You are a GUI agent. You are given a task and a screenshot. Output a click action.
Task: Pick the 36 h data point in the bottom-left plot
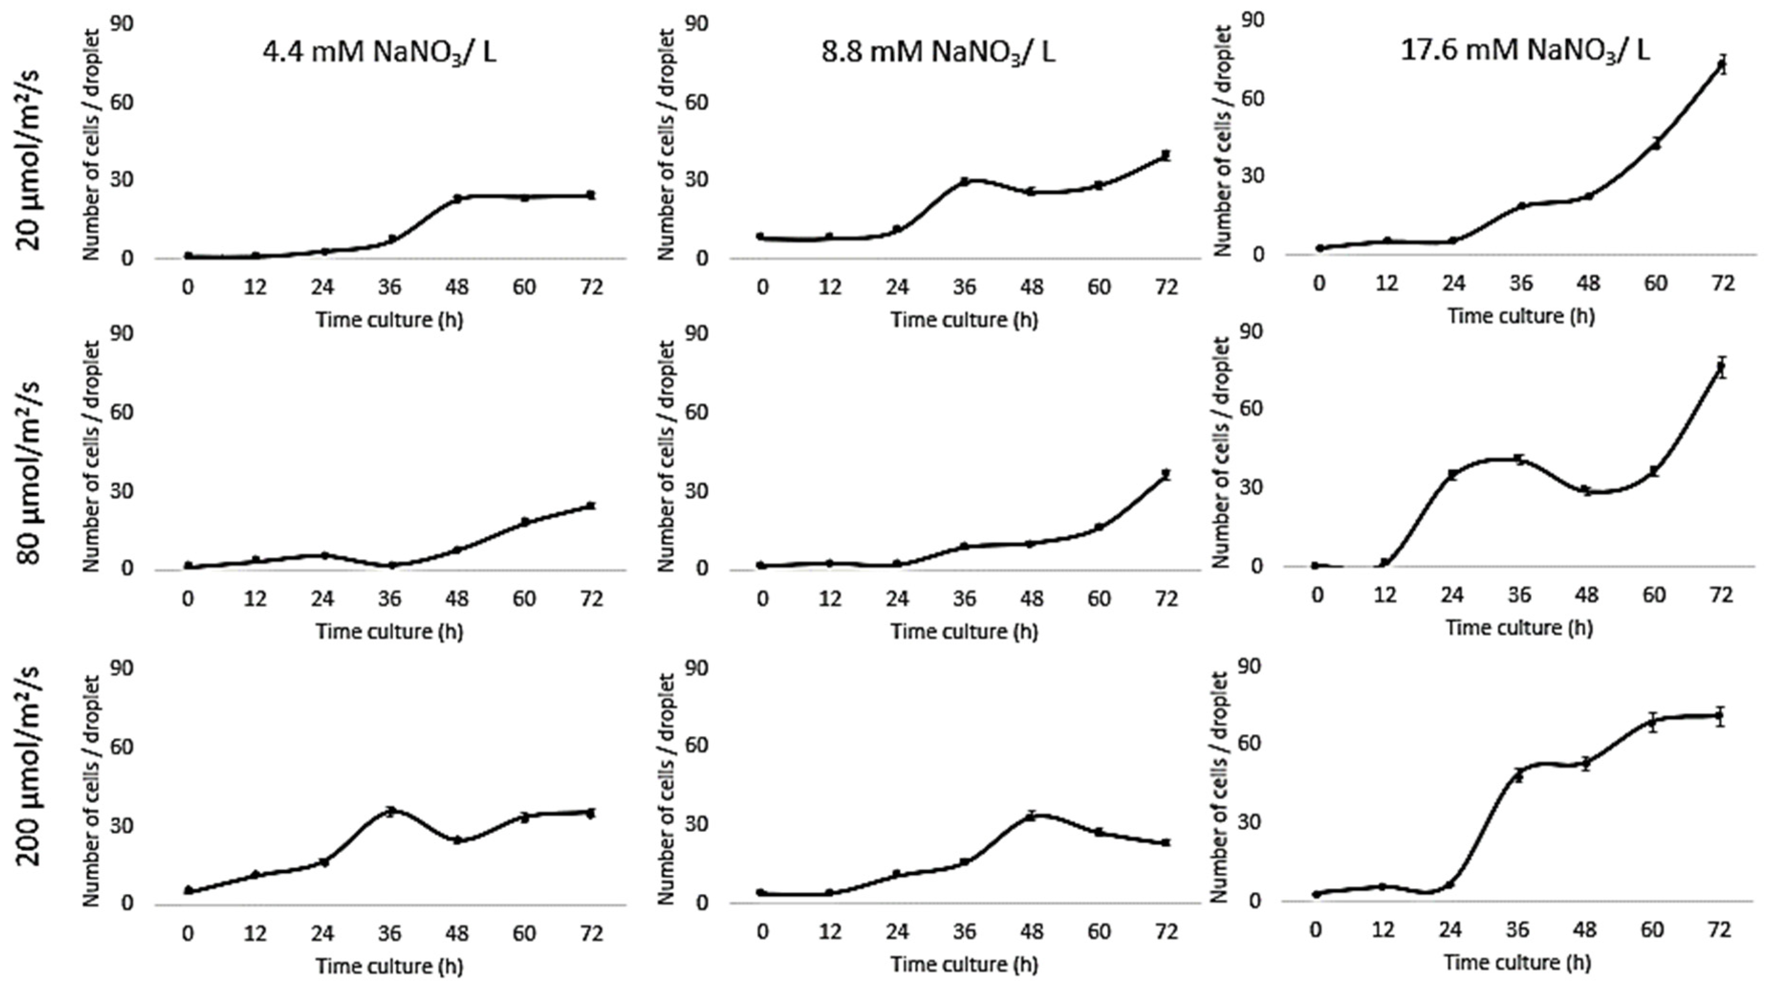(390, 811)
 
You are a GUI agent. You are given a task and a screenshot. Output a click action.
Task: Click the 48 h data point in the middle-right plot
(1586, 490)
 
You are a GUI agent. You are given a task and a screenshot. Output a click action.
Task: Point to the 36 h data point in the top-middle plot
(965, 182)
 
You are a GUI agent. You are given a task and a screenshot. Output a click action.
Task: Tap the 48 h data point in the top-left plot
(457, 199)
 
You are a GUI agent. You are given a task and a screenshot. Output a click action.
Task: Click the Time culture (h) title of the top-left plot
(389, 320)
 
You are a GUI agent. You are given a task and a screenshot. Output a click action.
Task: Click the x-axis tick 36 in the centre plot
(965, 599)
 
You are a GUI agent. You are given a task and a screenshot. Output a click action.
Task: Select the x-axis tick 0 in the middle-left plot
(188, 599)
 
